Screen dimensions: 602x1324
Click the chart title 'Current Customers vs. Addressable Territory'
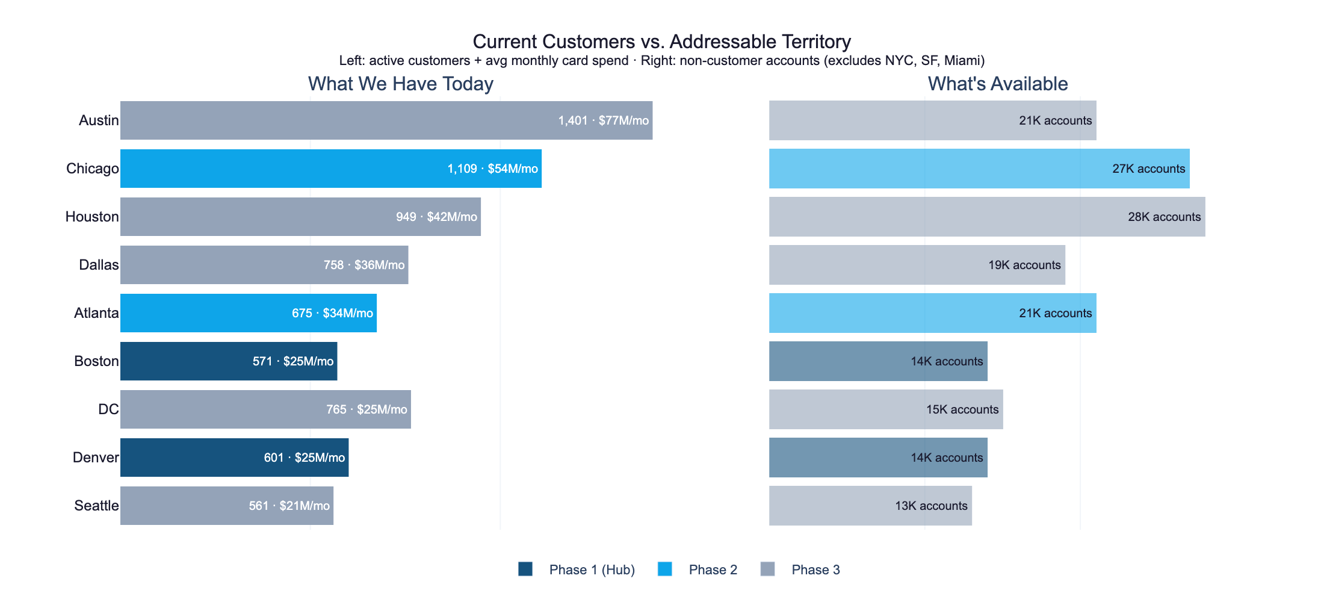pyautogui.click(x=661, y=42)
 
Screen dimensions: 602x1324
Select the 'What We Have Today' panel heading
pyautogui.click(x=400, y=84)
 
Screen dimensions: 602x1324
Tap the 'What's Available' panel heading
pyautogui.click(x=997, y=84)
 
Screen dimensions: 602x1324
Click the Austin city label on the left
pyautogui.click(x=99, y=120)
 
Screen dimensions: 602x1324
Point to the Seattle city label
pyautogui.click(x=96, y=506)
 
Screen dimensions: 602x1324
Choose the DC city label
pyautogui.click(x=108, y=409)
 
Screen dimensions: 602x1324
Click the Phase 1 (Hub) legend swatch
pyautogui.click(x=525, y=569)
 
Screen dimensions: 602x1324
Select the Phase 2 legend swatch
pyautogui.click(x=664, y=569)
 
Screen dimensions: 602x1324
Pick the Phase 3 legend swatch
pyautogui.click(x=767, y=569)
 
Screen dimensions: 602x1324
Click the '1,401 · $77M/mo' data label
pyautogui.click(x=603, y=120)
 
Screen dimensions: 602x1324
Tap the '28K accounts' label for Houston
pyautogui.click(x=1164, y=217)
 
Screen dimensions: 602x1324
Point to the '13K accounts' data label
pyautogui.click(x=931, y=506)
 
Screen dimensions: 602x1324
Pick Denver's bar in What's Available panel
pyautogui.click(x=843, y=458)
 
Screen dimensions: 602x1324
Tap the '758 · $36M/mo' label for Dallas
pyautogui.click(x=364, y=265)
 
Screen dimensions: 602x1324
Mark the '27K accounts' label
pyautogui.click(x=1148, y=169)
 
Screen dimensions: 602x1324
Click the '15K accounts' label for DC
pyautogui.click(x=962, y=409)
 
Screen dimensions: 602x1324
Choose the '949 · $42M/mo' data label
pyautogui.click(x=436, y=217)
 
